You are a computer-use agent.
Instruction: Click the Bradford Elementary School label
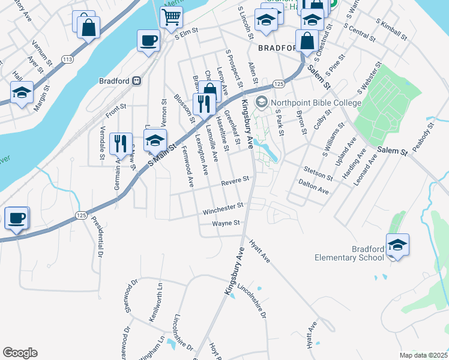[349, 253]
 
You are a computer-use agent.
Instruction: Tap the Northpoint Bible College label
[316, 103]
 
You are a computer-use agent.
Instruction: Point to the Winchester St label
[223, 209]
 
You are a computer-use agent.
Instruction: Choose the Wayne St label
[226, 223]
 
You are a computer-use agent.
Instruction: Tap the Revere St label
[234, 181]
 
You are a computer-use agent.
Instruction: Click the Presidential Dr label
[97, 234]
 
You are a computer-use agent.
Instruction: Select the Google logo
[20, 353]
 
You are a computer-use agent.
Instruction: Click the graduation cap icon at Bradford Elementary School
[397, 245]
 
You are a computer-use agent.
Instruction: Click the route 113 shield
[67, 59]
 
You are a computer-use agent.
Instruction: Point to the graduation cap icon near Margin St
[22, 94]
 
